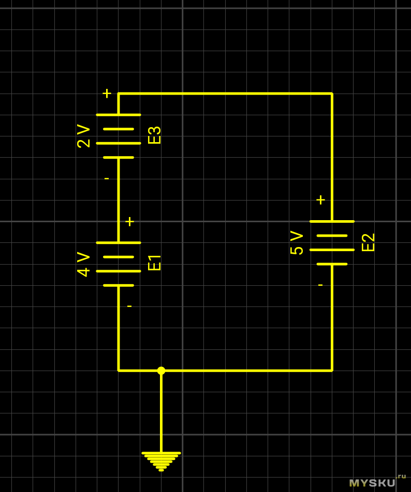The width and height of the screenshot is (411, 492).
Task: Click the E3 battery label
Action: (154, 135)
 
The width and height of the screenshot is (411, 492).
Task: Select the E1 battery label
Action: (154, 263)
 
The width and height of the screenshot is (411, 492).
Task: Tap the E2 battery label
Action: (368, 242)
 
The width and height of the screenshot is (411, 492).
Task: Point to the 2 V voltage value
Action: (83, 136)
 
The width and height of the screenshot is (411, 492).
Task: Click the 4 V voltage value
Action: (83, 264)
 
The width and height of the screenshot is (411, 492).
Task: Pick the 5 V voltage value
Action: (297, 242)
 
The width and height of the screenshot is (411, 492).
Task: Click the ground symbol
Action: (161, 460)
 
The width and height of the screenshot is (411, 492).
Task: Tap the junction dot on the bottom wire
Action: (161, 371)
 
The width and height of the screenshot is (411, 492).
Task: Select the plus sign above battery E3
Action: (107, 93)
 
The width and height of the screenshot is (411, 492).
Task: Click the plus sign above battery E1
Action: (129, 221)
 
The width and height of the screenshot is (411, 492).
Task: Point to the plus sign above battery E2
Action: (320, 199)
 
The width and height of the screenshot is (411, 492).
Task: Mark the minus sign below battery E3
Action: (107, 179)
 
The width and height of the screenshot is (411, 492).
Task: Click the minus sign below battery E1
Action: (129, 306)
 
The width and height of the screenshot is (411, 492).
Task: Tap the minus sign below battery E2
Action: (320, 285)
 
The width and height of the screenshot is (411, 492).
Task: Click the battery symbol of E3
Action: (119, 136)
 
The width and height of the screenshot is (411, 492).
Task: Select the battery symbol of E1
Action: (119, 264)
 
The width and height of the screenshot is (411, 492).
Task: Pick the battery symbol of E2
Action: (332, 242)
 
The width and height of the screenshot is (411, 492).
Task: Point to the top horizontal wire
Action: (225, 94)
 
